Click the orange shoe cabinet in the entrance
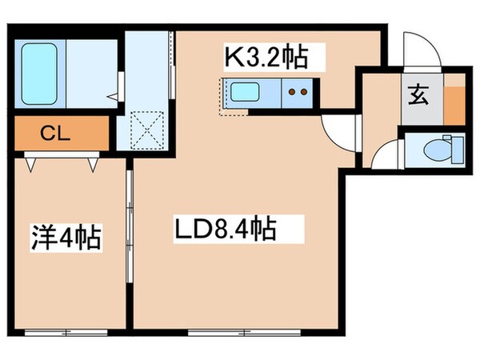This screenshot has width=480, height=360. point(453,101)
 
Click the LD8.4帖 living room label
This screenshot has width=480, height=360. point(226,230)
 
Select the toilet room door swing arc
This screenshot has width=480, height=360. point(386,152)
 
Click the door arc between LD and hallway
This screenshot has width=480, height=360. point(336,128)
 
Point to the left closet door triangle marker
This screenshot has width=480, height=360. point(32,164)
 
